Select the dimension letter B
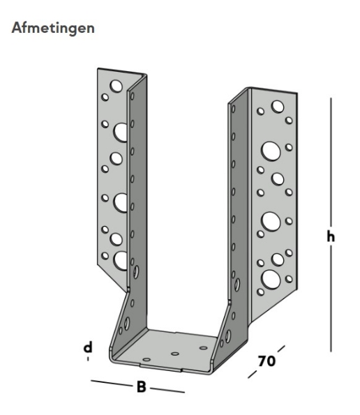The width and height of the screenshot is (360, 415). tap(142, 386)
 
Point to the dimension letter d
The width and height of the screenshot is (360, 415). tap(89, 347)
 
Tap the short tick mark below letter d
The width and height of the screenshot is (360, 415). tap(89, 359)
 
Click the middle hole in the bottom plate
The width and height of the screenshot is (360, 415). tap(174, 354)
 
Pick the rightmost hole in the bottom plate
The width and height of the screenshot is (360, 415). tap(203, 347)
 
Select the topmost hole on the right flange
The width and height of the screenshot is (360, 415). tap(278, 107)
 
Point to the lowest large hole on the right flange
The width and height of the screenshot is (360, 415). tap(269, 280)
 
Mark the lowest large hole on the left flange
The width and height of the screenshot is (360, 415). tap(121, 260)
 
